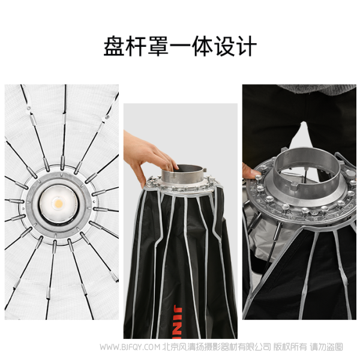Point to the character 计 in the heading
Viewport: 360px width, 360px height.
tap(246, 46)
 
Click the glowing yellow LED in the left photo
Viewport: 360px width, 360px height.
tap(59, 203)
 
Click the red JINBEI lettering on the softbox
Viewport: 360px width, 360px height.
tap(178, 322)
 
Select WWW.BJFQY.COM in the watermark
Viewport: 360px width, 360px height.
tap(130, 347)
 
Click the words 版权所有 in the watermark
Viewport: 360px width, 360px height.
tap(290, 347)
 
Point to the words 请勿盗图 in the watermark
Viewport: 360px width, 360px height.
tap(326, 347)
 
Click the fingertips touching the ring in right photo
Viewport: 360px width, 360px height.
tap(251, 172)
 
